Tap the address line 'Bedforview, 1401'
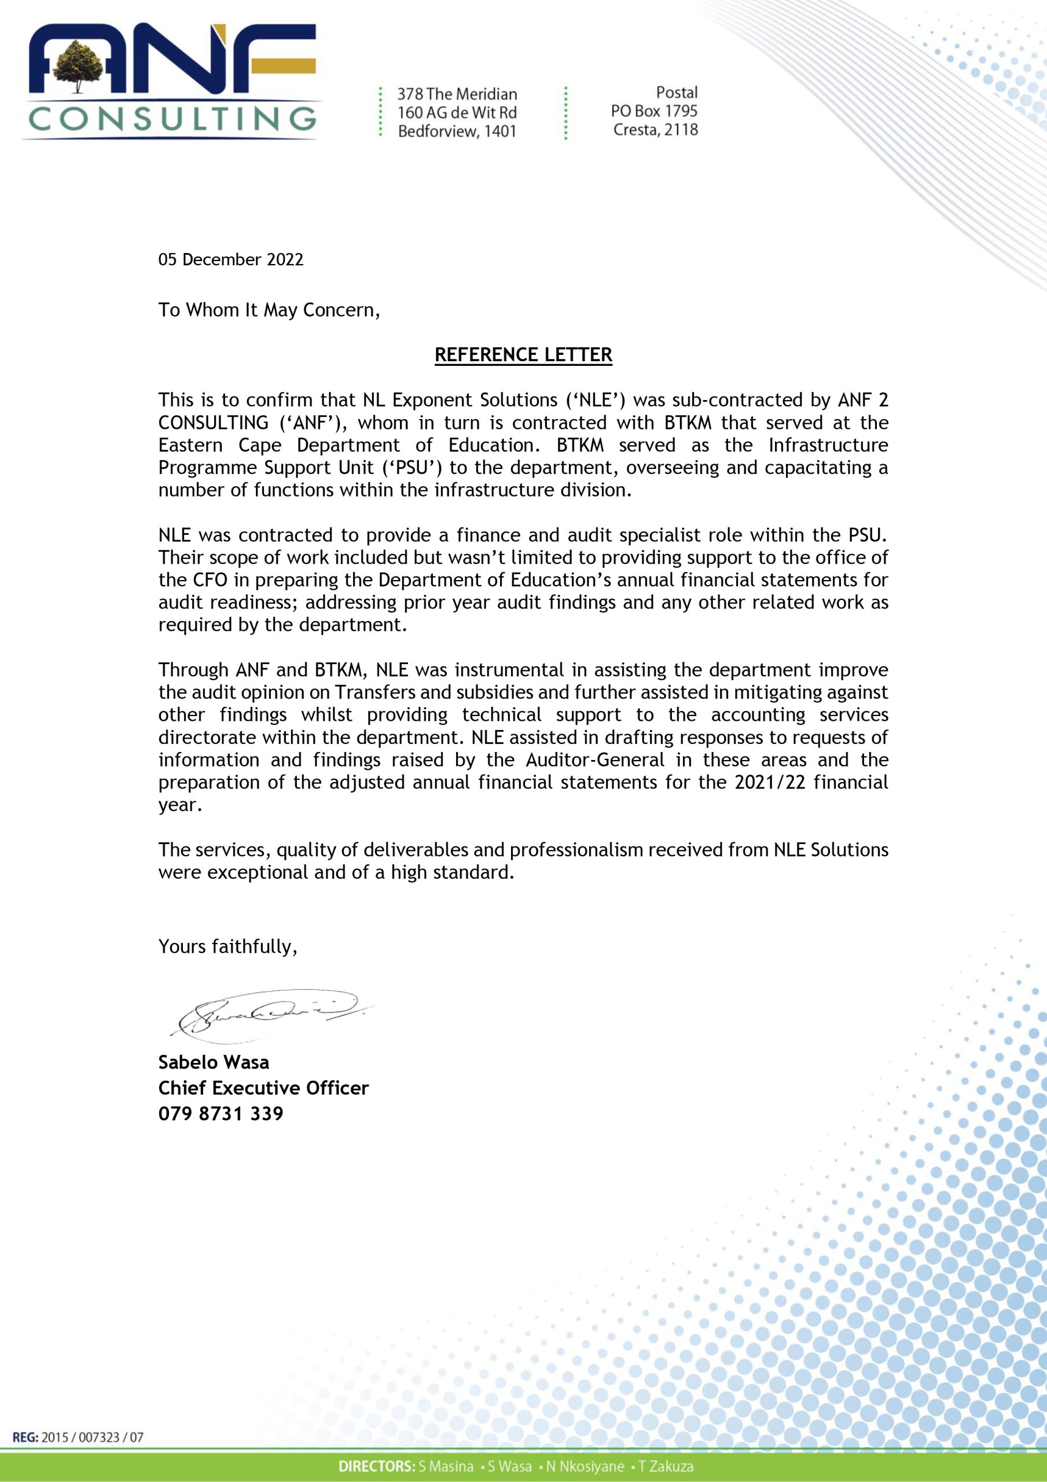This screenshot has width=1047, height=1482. [457, 131]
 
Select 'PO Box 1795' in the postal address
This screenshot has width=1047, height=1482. [654, 111]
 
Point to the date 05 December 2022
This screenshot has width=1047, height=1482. [230, 259]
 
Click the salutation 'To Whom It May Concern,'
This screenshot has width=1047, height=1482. [269, 310]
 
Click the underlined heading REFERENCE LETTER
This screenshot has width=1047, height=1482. [523, 355]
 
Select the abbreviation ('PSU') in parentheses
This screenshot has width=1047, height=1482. [413, 467]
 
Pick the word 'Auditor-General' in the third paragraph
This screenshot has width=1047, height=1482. [595, 760]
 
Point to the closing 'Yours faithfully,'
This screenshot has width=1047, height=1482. [228, 947]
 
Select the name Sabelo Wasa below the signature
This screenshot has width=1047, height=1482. [214, 1062]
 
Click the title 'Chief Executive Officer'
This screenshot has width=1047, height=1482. [263, 1088]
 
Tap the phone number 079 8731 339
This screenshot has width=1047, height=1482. [221, 1113]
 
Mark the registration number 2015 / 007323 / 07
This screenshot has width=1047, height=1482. [92, 1437]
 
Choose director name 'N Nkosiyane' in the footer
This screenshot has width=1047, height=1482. [585, 1466]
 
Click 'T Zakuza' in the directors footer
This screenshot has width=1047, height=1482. [666, 1466]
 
